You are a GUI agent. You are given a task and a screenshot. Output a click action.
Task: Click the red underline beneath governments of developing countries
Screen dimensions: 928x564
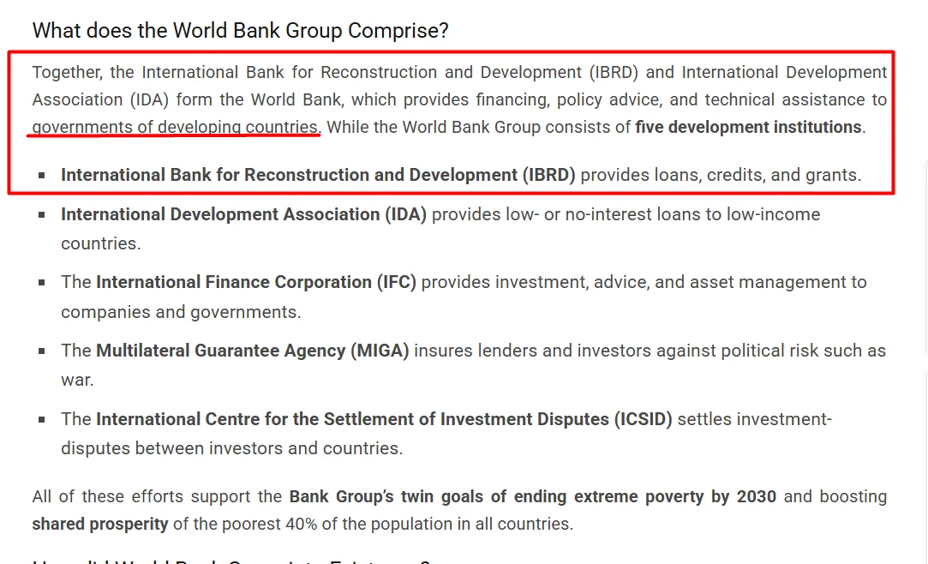pos(173,135)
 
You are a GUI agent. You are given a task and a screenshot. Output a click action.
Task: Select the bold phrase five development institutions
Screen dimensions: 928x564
pos(749,127)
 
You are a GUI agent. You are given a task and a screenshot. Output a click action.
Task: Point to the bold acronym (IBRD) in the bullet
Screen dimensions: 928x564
pos(548,175)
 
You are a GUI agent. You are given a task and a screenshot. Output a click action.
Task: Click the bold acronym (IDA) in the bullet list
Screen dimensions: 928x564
pos(406,214)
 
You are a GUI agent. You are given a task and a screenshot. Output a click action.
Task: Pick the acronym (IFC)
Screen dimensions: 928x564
pos(397,282)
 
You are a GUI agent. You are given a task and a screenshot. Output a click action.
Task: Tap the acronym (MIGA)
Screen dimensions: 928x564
pos(380,351)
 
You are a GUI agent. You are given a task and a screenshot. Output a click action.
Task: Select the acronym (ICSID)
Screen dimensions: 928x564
pos(643,420)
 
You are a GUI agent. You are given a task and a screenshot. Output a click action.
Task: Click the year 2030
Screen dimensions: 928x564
pos(756,496)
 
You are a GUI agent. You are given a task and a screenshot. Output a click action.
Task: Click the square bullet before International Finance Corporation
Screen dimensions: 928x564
pos(41,283)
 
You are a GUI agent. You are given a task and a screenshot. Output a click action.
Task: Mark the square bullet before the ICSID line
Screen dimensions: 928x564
pos(41,420)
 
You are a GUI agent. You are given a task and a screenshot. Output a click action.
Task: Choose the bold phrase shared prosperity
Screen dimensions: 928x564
pos(100,525)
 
